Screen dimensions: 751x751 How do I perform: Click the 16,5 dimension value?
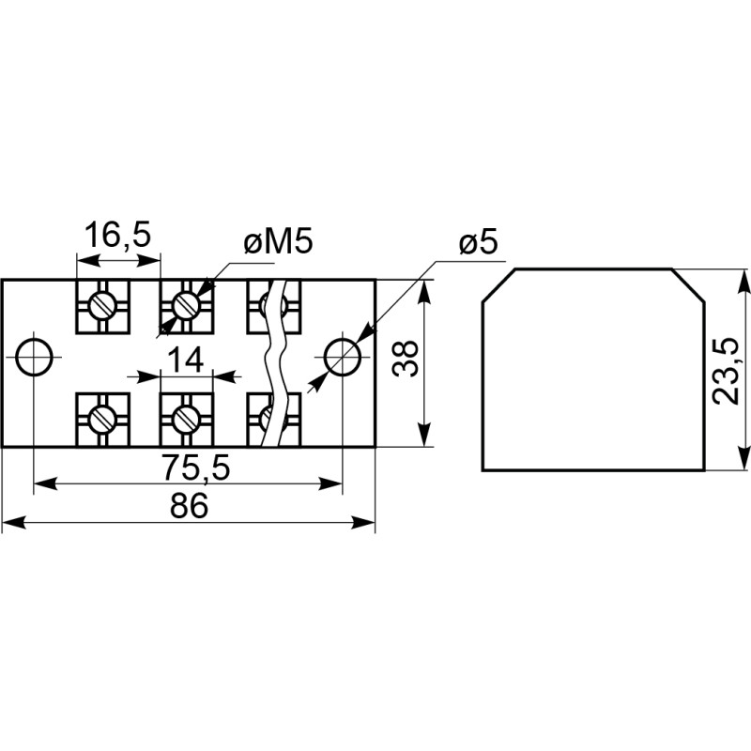point(117,235)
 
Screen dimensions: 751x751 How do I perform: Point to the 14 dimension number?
point(185,360)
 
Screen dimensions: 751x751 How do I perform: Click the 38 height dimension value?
point(404,358)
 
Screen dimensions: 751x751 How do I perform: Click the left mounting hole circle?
point(35,357)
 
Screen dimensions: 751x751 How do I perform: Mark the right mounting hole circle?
point(342,356)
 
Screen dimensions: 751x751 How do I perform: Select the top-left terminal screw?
point(101,304)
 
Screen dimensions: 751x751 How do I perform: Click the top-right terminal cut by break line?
point(272,304)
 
